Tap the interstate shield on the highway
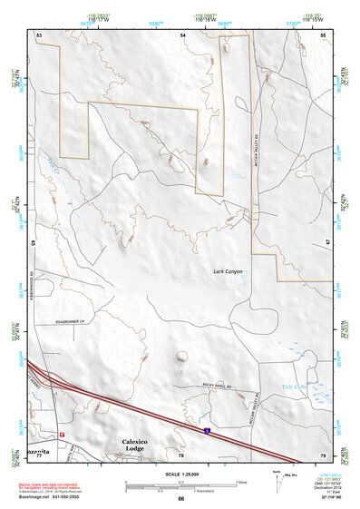208,424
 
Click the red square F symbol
63,434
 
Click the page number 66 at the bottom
180,498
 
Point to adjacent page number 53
39,34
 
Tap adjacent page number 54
182,34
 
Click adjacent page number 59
33,243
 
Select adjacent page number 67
327,243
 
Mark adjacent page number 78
181,454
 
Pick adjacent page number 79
322,454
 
